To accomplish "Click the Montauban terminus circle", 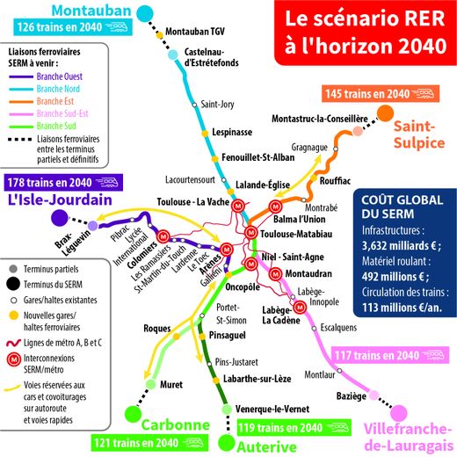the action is tap(145, 13).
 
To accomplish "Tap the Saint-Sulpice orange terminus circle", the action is tap(385, 113).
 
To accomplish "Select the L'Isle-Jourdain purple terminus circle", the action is tap(60, 218).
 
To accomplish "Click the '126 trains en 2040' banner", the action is tap(73, 27).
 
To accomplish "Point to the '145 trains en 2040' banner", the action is tap(381, 94).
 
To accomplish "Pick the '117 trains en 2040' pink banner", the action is tap(390, 355).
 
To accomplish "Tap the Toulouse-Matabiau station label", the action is tap(296, 234).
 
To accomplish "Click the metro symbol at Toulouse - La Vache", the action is tap(238, 206).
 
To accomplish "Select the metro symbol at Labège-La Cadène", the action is tap(300, 308).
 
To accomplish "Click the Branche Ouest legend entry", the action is tap(46, 76).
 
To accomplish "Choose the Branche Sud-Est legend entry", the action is tap(48, 113).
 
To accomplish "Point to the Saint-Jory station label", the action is tap(217, 105).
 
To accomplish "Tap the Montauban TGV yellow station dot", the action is tap(160, 35).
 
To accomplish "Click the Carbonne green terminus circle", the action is tap(134, 414).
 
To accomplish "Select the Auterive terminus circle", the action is tap(227, 443).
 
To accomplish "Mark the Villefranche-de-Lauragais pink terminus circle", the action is tap(399, 413).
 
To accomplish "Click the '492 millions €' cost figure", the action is tap(395, 277).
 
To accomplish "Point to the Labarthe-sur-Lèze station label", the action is tap(257, 379).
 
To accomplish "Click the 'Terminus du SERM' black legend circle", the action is tap(13, 284).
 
